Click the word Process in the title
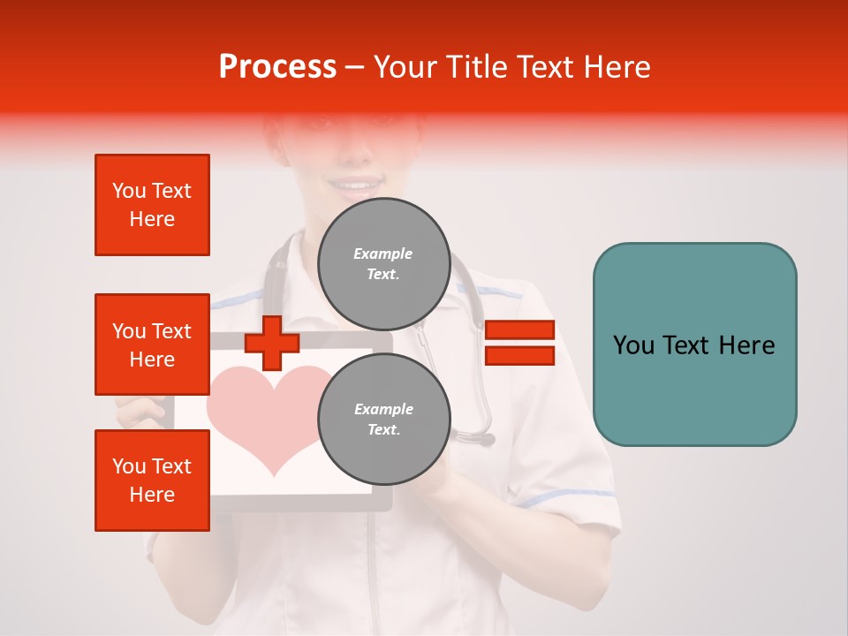pyautogui.click(x=277, y=67)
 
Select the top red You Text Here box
pyautogui.click(x=152, y=205)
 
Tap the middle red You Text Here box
pyautogui.click(x=152, y=344)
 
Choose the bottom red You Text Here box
pyautogui.click(x=152, y=481)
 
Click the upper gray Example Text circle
pyautogui.click(x=383, y=264)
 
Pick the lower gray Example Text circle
pyautogui.click(x=383, y=420)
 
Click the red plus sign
pyautogui.click(x=271, y=343)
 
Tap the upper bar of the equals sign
pyautogui.click(x=519, y=329)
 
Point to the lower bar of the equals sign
pyautogui.click(x=519, y=355)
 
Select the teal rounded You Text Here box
pyautogui.click(x=694, y=344)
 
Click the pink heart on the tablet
pyautogui.click(x=265, y=411)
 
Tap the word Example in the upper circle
pyautogui.click(x=383, y=254)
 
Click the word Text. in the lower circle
pyautogui.click(x=383, y=430)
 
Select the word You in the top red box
pyautogui.click(x=129, y=191)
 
